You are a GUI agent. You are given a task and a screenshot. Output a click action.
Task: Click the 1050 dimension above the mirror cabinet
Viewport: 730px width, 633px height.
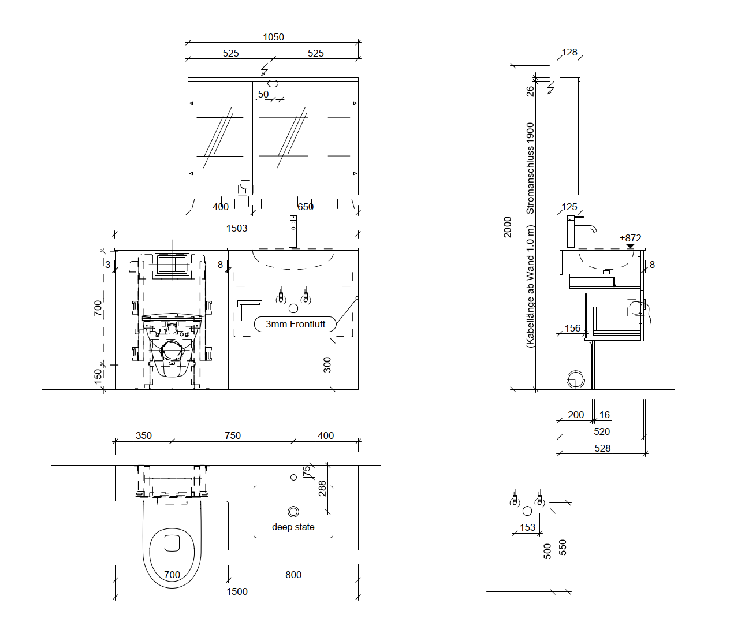tap(273, 37)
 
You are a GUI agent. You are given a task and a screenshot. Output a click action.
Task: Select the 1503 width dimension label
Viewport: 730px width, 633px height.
tap(237, 228)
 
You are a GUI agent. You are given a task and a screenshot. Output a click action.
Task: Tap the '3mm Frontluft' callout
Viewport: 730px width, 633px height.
tap(295, 325)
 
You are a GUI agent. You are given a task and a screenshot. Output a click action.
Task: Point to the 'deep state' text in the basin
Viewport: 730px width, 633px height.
tap(293, 527)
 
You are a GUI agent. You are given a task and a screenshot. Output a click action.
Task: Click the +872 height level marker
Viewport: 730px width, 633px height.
tap(630, 239)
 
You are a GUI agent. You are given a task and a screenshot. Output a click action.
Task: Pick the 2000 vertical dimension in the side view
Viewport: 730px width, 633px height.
tap(508, 227)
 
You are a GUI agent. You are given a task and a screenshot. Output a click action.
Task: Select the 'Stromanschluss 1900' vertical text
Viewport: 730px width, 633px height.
tap(530, 168)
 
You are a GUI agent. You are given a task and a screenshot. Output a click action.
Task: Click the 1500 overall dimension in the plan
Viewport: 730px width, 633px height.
tap(237, 591)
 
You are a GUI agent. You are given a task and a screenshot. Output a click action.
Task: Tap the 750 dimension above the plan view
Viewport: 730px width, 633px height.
tap(233, 435)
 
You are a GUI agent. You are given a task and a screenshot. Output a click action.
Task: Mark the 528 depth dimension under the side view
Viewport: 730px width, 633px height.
tap(602, 448)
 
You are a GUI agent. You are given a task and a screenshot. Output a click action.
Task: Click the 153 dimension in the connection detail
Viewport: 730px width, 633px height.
tap(527, 527)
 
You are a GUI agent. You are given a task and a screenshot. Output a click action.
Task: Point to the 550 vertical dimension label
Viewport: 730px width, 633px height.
tap(563, 548)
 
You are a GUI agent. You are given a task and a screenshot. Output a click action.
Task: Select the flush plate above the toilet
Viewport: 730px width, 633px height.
tap(172, 265)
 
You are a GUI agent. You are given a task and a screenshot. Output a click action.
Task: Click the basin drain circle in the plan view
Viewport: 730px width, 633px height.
tap(293, 512)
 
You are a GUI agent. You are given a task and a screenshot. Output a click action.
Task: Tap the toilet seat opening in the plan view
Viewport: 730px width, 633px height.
tap(173, 543)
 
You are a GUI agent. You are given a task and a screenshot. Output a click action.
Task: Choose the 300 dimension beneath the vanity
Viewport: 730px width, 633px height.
tap(327, 365)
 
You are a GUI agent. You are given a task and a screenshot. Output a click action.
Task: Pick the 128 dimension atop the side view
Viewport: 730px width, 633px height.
tap(569, 52)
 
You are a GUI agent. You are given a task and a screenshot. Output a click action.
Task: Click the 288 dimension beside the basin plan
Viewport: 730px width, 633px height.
tap(322, 489)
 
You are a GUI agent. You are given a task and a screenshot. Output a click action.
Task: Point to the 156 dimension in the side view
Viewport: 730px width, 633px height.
tap(572, 328)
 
